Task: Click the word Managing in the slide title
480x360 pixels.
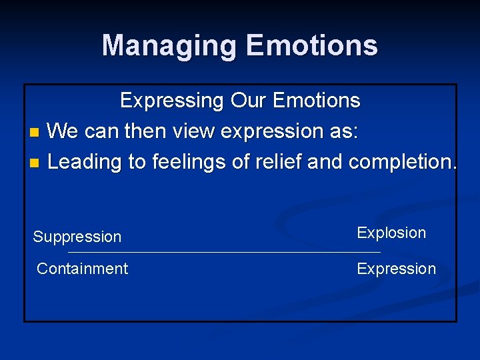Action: [170, 45]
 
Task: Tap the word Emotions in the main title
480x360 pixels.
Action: [311, 45]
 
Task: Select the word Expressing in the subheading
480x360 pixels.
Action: [172, 101]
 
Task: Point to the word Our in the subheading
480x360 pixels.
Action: [247, 101]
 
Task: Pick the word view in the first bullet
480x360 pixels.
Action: [193, 131]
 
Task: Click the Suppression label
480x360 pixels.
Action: [77, 237]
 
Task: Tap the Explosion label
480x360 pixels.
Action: [391, 233]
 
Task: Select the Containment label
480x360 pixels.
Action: [82, 269]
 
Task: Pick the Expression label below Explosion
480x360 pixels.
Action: [396, 269]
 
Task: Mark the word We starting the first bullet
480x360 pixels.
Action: [63, 131]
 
